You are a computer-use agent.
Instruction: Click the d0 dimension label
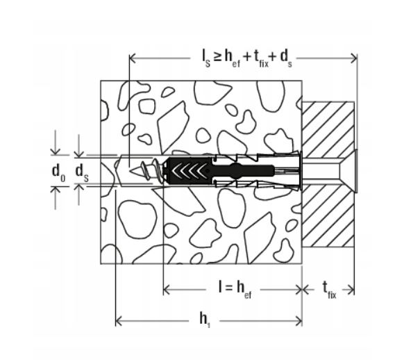pyautogui.click(x=58, y=173)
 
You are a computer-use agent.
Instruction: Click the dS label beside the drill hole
pyautogui.click(x=82, y=173)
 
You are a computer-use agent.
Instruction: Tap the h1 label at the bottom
pyautogui.click(x=205, y=320)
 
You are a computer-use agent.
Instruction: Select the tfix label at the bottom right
pyautogui.click(x=330, y=290)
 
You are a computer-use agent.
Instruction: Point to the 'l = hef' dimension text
pyautogui.click(x=235, y=290)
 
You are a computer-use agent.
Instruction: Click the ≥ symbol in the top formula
pyautogui.click(x=217, y=57)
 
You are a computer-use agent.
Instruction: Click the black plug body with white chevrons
pyautogui.click(x=190, y=170)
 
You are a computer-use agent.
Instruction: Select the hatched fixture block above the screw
pyautogui.click(x=328, y=130)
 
